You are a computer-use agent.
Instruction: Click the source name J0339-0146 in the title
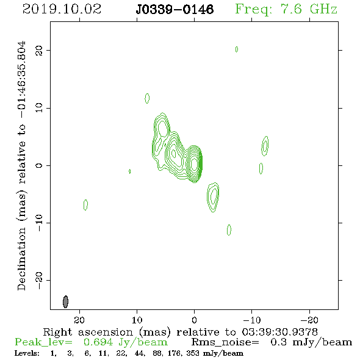tap(175, 10)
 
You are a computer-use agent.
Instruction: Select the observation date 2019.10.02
tap(62, 9)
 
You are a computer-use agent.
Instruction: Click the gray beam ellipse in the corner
tap(66, 301)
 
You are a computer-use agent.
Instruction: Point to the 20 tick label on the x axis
tap(79, 320)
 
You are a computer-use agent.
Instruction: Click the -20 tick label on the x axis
tap(309, 320)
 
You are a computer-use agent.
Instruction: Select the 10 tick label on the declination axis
tap(39, 108)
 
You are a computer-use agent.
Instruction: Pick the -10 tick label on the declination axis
tap(39, 223)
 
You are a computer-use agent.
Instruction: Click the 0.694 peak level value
tap(98, 342)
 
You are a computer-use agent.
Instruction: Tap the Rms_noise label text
tap(225, 342)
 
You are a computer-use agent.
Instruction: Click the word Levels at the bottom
tap(27, 353)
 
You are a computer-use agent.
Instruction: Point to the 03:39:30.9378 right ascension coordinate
tap(279, 332)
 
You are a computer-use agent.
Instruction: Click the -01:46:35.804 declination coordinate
tap(22, 79)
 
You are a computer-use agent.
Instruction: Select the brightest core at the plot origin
tap(195, 164)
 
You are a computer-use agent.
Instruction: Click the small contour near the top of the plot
tap(237, 49)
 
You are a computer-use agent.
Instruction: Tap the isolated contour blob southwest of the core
tap(213, 197)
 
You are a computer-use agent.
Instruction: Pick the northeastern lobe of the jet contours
tap(162, 127)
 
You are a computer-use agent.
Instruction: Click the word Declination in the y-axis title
tap(21, 259)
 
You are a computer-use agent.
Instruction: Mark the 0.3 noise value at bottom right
tap(278, 342)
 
